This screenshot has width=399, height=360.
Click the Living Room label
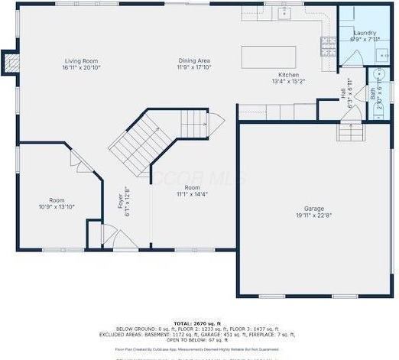(x=83, y=60)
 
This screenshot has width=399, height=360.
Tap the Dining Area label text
(x=194, y=60)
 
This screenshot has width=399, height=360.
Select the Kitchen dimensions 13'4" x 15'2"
(x=288, y=81)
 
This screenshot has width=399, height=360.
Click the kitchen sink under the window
(x=282, y=15)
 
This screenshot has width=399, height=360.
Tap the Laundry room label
(x=364, y=33)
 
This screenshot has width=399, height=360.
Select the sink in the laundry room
(x=381, y=54)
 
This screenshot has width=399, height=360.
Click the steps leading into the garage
(x=350, y=134)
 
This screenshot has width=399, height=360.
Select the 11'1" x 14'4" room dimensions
(x=192, y=194)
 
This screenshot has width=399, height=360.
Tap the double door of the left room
(x=80, y=161)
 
